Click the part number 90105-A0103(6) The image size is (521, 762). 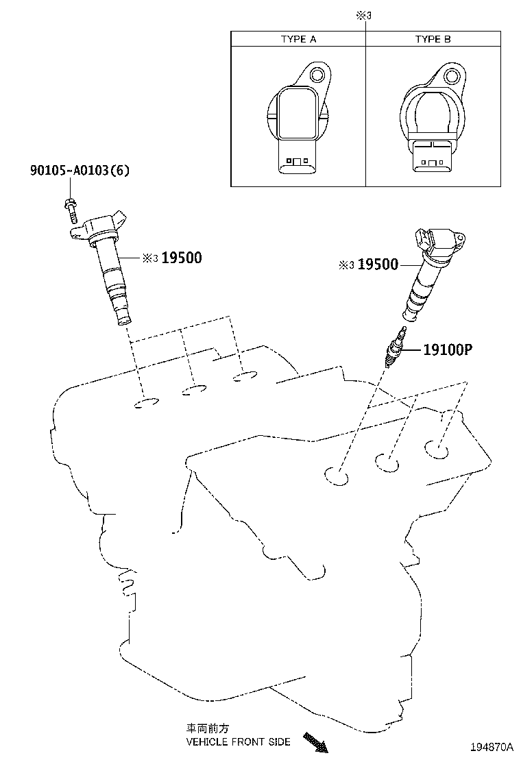point(79,170)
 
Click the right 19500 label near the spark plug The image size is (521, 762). point(377,265)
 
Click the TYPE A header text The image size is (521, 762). point(298,39)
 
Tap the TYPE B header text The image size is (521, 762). point(433,39)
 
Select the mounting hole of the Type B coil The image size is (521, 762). point(452,75)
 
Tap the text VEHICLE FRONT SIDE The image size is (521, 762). point(238,741)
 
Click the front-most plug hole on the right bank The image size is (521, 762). point(336,474)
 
